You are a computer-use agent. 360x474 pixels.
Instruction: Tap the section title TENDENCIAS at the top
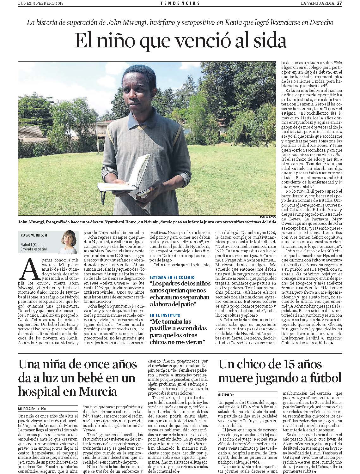point(180,3)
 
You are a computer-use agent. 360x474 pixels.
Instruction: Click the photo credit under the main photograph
point(268,217)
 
